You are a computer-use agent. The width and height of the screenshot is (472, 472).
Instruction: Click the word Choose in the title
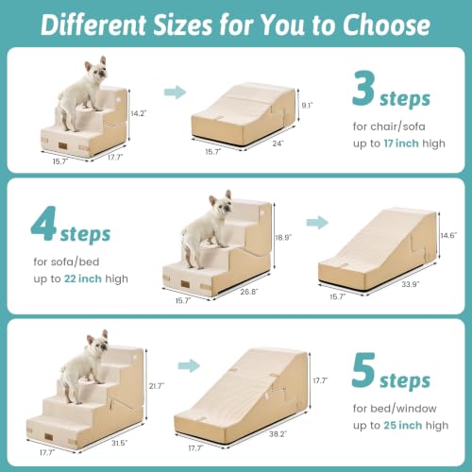click(x=386, y=25)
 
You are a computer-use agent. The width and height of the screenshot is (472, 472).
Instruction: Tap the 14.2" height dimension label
click(x=139, y=113)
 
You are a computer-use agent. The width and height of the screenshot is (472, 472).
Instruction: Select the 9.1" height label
click(x=307, y=105)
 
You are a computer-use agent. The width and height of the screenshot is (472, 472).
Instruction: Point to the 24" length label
click(x=278, y=143)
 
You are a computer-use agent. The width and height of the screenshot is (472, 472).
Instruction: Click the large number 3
click(x=363, y=89)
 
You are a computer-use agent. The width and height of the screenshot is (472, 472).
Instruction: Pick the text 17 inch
click(x=401, y=143)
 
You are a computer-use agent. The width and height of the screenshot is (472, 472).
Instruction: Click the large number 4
click(x=43, y=224)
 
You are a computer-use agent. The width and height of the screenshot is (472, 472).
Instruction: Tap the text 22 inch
click(x=83, y=278)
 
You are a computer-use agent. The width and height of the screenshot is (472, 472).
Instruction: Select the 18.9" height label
click(x=283, y=237)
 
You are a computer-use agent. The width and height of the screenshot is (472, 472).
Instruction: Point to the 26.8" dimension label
click(x=249, y=292)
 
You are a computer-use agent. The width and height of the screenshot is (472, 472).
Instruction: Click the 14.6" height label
click(x=448, y=235)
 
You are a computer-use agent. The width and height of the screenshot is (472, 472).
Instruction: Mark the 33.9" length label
click(x=411, y=284)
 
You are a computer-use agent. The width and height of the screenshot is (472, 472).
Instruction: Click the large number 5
click(x=363, y=370)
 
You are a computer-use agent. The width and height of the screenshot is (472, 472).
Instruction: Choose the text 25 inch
click(x=403, y=426)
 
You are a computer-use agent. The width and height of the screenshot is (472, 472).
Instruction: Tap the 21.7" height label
click(x=157, y=386)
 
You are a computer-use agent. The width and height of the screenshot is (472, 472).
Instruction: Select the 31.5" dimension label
click(x=120, y=443)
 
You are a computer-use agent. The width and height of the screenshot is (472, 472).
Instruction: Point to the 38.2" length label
click(x=278, y=434)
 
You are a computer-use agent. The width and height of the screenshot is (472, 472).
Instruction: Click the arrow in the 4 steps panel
click(x=317, y=223)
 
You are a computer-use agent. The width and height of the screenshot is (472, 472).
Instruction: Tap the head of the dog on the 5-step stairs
click(x=99, y=342)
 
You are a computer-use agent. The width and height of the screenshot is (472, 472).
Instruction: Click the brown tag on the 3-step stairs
click(x=62, y=146)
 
